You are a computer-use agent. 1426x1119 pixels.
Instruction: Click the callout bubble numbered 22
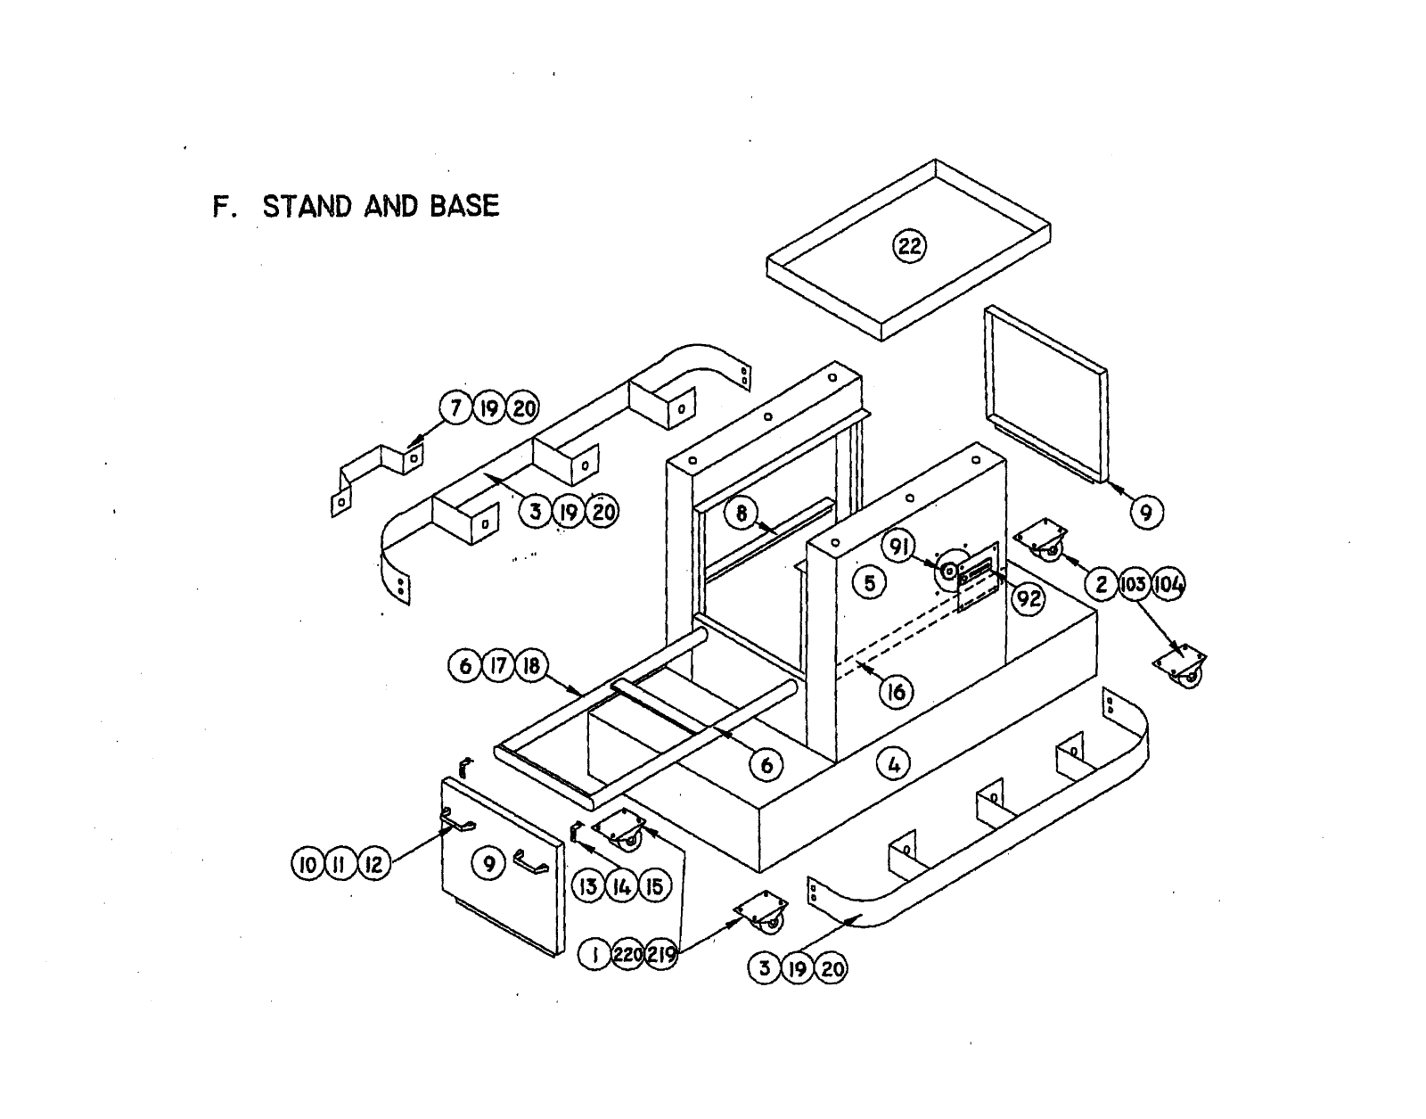click(x=909, y=245)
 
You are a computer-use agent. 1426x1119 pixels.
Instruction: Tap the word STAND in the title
click(x=307, y=206)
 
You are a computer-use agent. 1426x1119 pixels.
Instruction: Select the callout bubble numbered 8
click(x=741, y=513)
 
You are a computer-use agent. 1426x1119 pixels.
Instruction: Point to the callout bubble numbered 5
click(x=870, y=583)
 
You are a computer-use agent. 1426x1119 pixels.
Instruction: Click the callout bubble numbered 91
click(x=900, y=546)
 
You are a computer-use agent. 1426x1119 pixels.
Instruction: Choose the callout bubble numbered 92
click(x=1029, y=597)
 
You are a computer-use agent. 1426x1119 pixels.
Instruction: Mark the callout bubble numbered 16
click(x=897, y=691)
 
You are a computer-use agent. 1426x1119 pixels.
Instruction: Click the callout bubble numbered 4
click(x=894, y=763)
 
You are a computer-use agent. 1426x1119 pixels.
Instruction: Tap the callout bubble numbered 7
click(x=456, y=408)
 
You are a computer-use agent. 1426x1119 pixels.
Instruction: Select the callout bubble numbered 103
click(x=1135, y=585)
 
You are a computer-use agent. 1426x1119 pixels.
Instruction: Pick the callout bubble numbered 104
click(x=1168, y=585)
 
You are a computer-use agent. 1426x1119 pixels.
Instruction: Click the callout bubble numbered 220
click(x=628, y=955)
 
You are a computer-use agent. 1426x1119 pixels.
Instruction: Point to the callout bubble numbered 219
click(x=661, y=955)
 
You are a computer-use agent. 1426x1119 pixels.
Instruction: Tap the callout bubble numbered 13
click(x=587, y=886)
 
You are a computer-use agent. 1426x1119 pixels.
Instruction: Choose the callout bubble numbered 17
click(x=498, y=666)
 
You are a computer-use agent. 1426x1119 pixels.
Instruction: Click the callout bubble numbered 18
click(x=532, y=666)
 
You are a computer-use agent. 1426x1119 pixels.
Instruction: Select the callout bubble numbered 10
click(x=307, y=864)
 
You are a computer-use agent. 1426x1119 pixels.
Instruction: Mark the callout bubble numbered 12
click(x=374, y=864)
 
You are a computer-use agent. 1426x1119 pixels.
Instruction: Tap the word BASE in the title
click(x=463, y=206)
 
